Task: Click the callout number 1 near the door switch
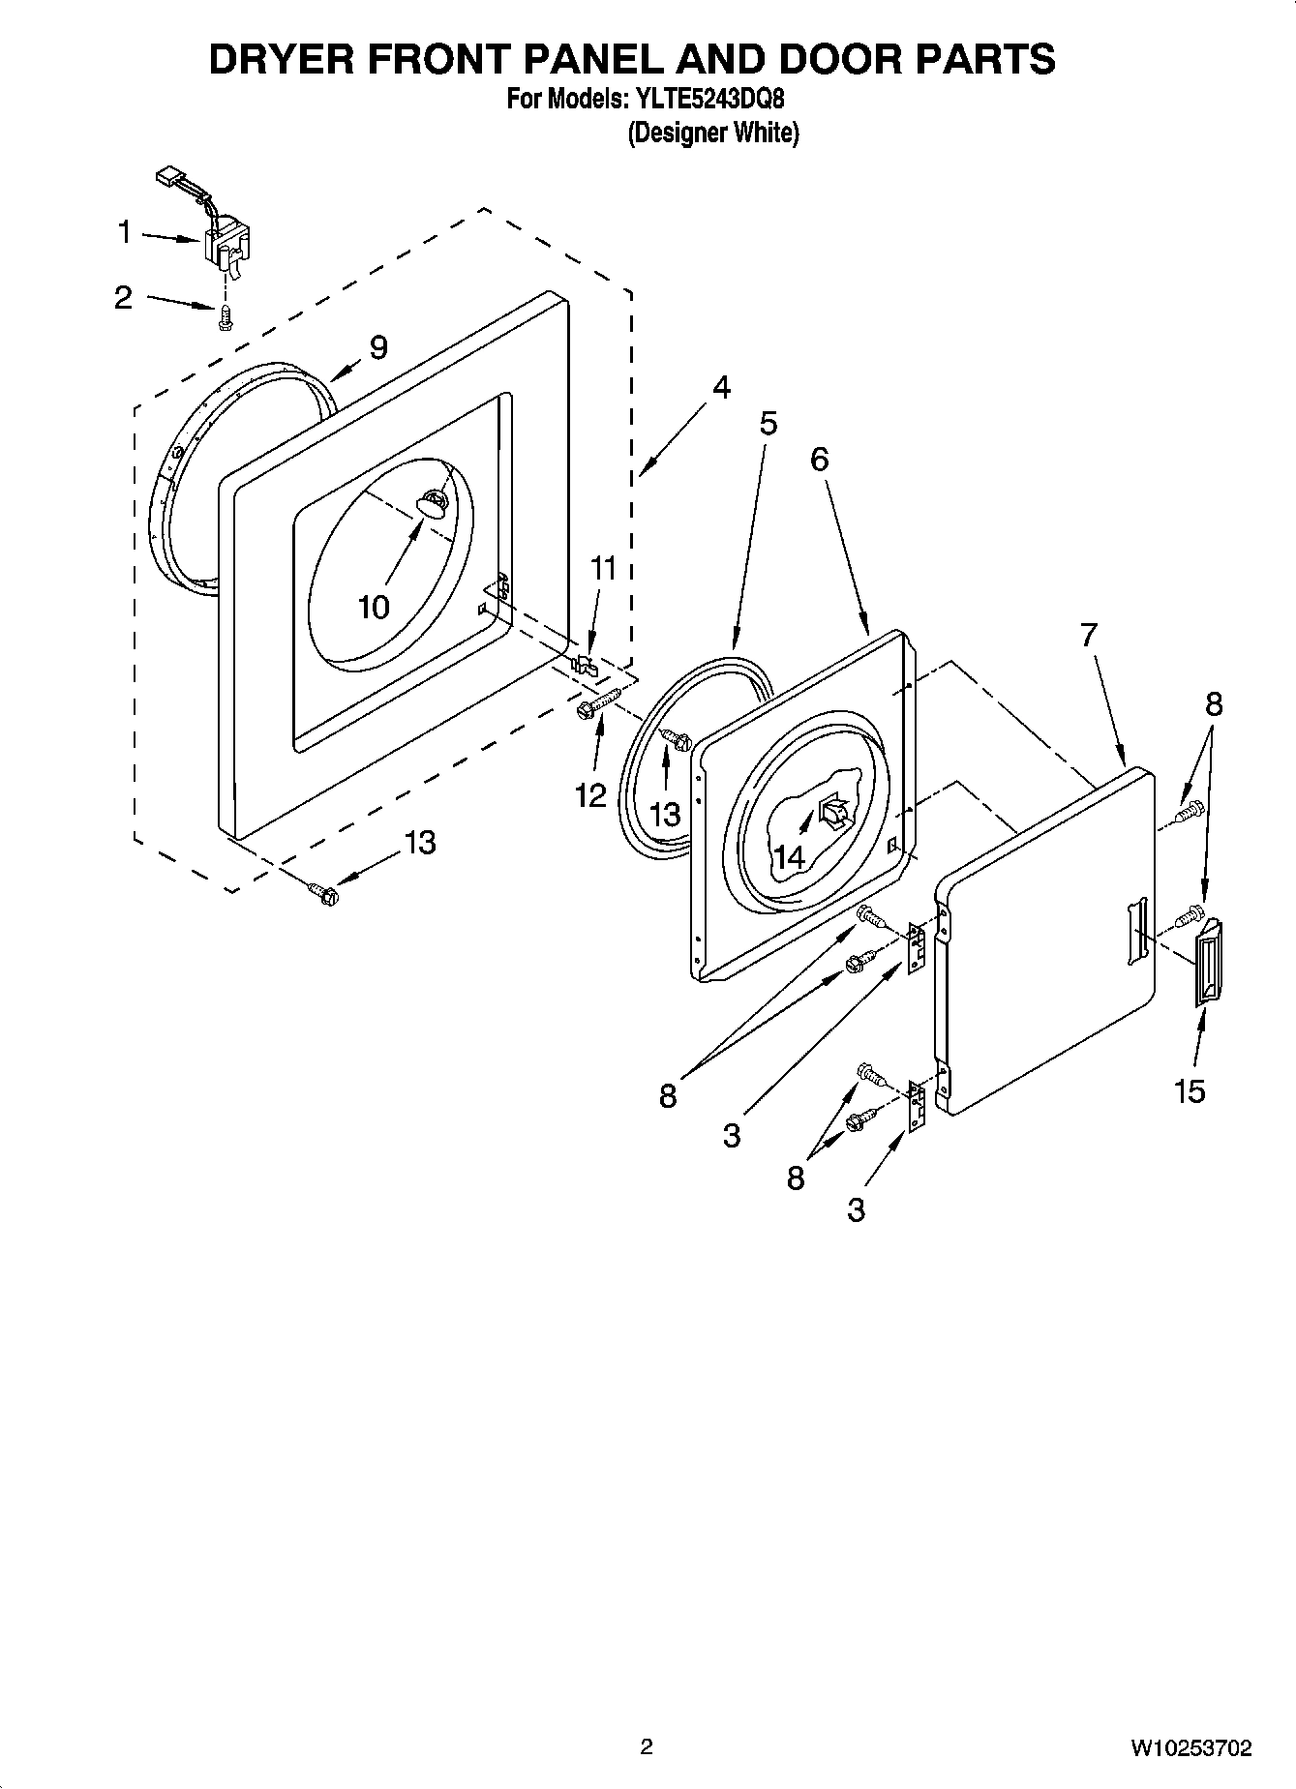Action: [124, 232]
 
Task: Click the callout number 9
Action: [378, 346]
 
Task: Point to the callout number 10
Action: [374, 607]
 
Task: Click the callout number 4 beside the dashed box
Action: [721, 387]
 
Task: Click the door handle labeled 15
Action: [1207, 964]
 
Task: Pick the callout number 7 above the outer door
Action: [1089, 635]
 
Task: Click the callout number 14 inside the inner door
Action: [789, 855]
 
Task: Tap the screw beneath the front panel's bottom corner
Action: [324, 895]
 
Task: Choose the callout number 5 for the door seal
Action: [768, 423]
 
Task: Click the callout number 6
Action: [819, 459]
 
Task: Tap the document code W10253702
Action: [1190, 1747]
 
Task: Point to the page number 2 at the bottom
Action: [647, 1746]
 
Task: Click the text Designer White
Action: [713, 133]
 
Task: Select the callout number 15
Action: [1190, 1091]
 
